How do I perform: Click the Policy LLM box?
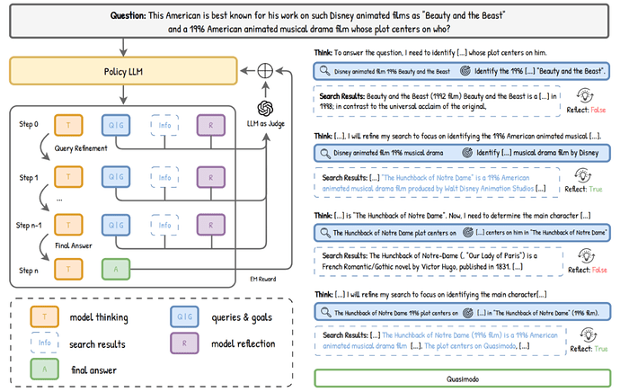click(x=120, y=71)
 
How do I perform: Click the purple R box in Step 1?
click(x=210, y=176)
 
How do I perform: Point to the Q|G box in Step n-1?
click(x=116, y=225)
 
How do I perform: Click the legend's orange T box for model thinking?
click(x=46, y=316)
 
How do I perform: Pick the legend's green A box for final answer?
click(x=46, y=369)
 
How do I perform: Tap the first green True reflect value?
click(x=595, y=190)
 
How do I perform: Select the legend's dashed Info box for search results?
click(x=46, y=343)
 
